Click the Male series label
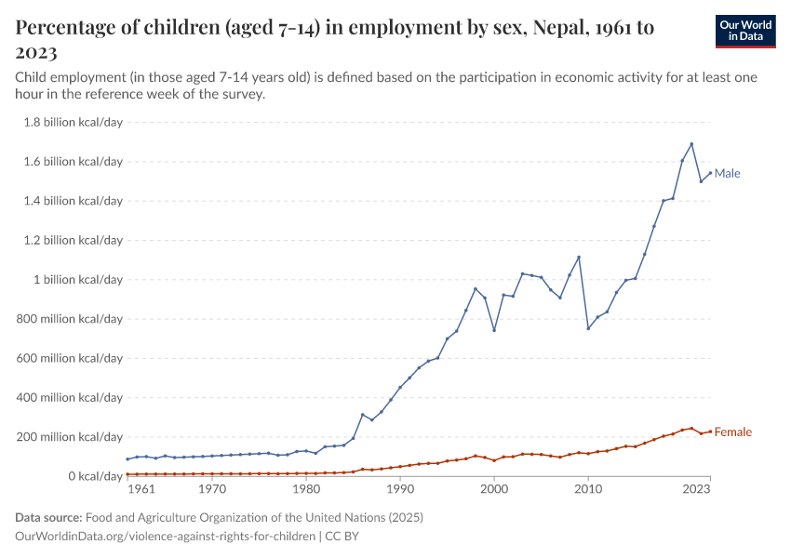pyautogui.click(x=727, y=173)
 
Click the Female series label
pyautogui.click(x=732, y=432)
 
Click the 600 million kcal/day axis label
pyautogui.click(x=69, y=358)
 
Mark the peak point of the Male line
pyautogui.click(x=691, y=144)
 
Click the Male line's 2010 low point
pyautogui.click(x=588, y=328)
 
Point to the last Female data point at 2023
pyautogui.click(x=710, y=431)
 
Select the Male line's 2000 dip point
pyautogui.click(x=494, y=330)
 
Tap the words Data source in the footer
pyautogui.click(x=49, y=517)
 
